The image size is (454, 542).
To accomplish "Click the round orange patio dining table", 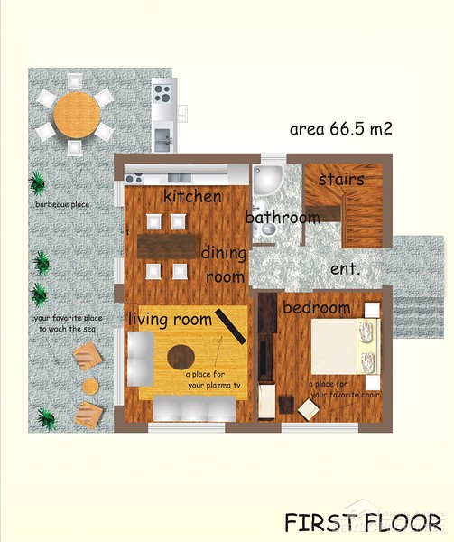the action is pos(77,115).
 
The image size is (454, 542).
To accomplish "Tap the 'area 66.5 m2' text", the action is pos(341,129).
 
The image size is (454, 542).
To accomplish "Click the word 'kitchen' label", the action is pos(192,196).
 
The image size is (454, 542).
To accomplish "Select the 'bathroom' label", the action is pos(283,217).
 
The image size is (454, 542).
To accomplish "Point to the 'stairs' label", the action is pos(341,180).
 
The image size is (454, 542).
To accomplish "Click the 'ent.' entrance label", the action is pos(346,269).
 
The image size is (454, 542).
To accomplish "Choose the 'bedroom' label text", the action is pos(317,308).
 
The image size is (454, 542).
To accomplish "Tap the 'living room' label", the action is pos(170,319).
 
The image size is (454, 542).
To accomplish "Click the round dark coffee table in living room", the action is pos(181,357).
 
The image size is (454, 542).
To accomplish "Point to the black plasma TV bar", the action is pos(231,327).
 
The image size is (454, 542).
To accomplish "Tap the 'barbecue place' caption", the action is pos(62,204).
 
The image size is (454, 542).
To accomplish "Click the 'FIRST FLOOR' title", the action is pos(363,523).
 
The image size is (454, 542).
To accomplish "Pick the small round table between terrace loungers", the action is pos(91,387).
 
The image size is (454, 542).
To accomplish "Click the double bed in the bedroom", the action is pos(346,346).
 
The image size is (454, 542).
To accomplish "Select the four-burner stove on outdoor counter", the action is pos(162,93).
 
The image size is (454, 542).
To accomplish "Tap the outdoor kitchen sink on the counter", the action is pos(163,140).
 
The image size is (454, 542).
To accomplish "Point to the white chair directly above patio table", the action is pos(75,81).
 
